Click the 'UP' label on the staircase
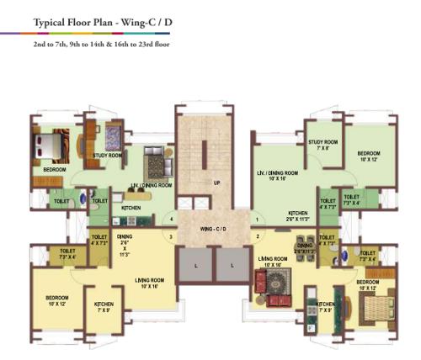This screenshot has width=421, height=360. (x=216, y=183)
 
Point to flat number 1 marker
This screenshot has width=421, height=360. (x=257, y=220)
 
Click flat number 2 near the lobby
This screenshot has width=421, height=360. (x=257, y=237)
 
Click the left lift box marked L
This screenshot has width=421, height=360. (x=195, y=264)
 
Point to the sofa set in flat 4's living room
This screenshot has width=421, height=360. (x=153, y=157)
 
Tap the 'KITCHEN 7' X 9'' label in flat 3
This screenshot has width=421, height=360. (x=104, y=307)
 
